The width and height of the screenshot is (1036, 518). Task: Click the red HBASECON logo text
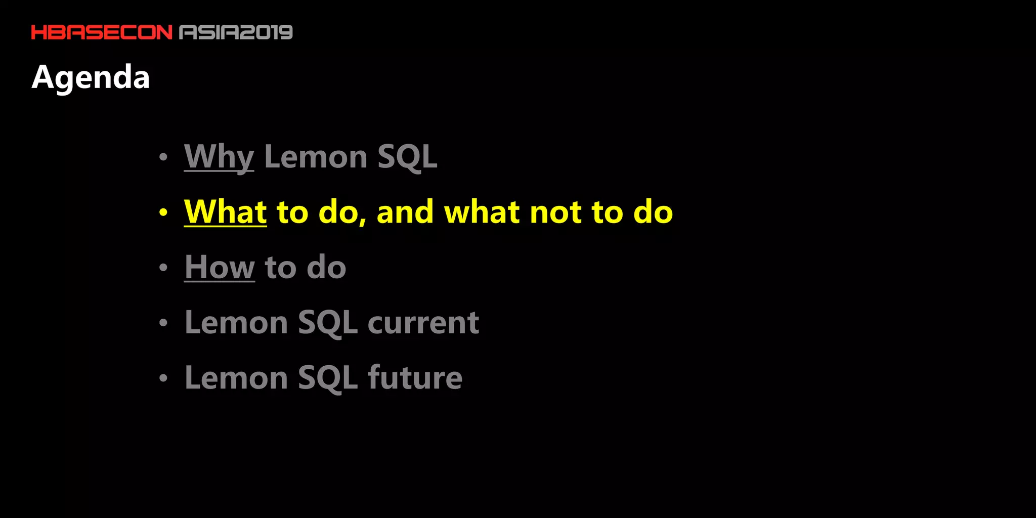click(x=102, y=32)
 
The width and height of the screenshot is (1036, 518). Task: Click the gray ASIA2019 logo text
click(x=236, y=32)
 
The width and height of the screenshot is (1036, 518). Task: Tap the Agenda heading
click(x=91, y=77)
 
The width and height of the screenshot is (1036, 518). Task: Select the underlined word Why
click(x=219, y=157)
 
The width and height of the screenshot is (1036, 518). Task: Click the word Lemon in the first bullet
click(x=315, y=157)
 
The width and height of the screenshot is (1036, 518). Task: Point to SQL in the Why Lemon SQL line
click(x=407, y=157)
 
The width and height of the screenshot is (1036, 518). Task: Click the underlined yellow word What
click(x=225, y=212)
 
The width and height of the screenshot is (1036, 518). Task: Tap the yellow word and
click(x=405, y=212)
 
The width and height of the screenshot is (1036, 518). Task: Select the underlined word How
click(x=219, y=267)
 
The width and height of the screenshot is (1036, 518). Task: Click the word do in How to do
click(x=326, y=267)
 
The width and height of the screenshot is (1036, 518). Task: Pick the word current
click(x=423, y=322)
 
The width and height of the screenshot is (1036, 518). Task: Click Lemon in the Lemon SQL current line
click(x=236, y=322)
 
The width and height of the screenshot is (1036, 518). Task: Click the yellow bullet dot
click(x=163, y=212)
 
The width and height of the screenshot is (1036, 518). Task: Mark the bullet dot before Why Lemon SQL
click(x=163, y=157)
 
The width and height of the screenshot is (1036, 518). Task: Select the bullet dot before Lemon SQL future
click(x=163, y=378)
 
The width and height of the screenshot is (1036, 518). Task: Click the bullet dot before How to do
click(x=163, y=268)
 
